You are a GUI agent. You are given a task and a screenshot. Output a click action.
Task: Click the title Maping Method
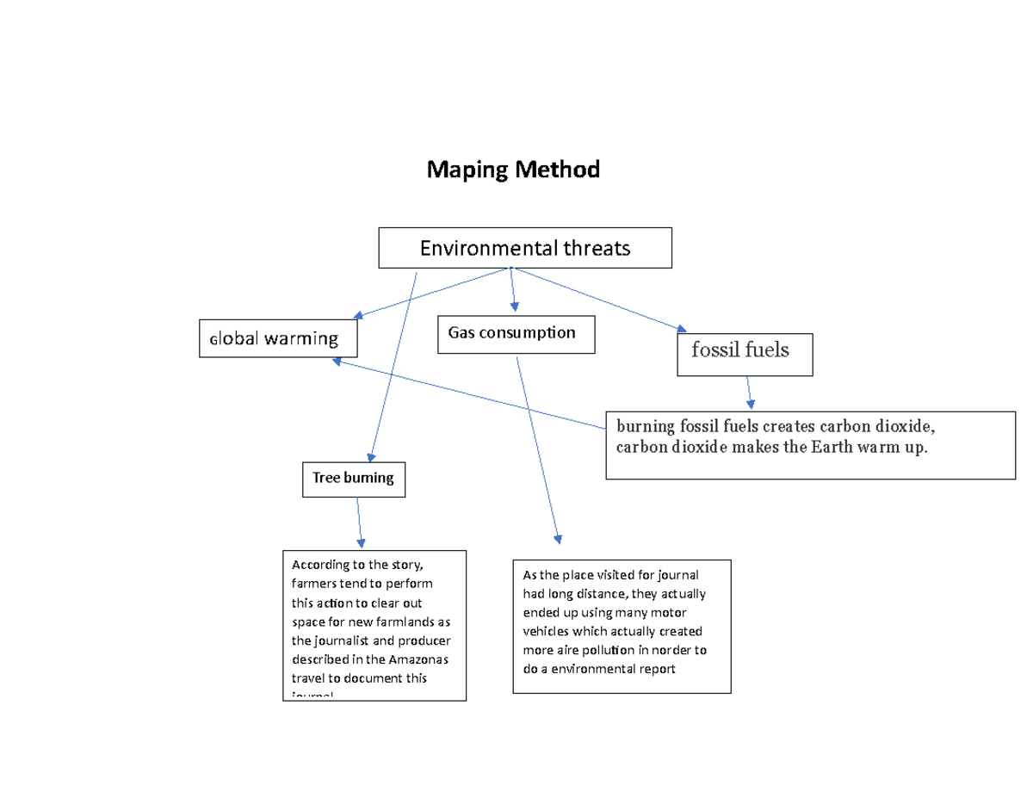pyautogui.click(x=513, y=170)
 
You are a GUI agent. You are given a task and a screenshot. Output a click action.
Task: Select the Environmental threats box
pyautogui.click(x=525, y=248)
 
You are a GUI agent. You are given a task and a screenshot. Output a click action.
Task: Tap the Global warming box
pyautogui.click(x=278, y=338)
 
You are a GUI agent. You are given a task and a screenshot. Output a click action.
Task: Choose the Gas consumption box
pyautogui.click(x=516, y=334)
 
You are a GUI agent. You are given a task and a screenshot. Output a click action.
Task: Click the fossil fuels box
pyautogui.click(x=745, y=354)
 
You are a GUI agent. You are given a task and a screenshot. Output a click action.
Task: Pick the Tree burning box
pyautogui.click(x=353, y=479)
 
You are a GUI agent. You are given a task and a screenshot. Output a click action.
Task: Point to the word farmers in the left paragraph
pyautogui.click(x=313, y=585)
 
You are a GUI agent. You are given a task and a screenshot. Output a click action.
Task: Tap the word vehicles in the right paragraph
pyautogui.click(x=548, y=632)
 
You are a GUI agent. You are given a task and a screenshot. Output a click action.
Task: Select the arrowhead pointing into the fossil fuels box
pyautogui.click(x=682, y=329)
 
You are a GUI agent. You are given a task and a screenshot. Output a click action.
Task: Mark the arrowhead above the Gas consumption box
pyautogui.click(x=515, y=306)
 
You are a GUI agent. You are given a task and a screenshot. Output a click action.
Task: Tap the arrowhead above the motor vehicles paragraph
pyautogui.click(x=558, y=539)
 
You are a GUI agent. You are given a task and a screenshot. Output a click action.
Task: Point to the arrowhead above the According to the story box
pyautogui.click(x=361, y=542)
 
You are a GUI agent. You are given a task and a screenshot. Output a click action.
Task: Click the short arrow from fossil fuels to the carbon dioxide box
pyautogui.click(x=750, y=392)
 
